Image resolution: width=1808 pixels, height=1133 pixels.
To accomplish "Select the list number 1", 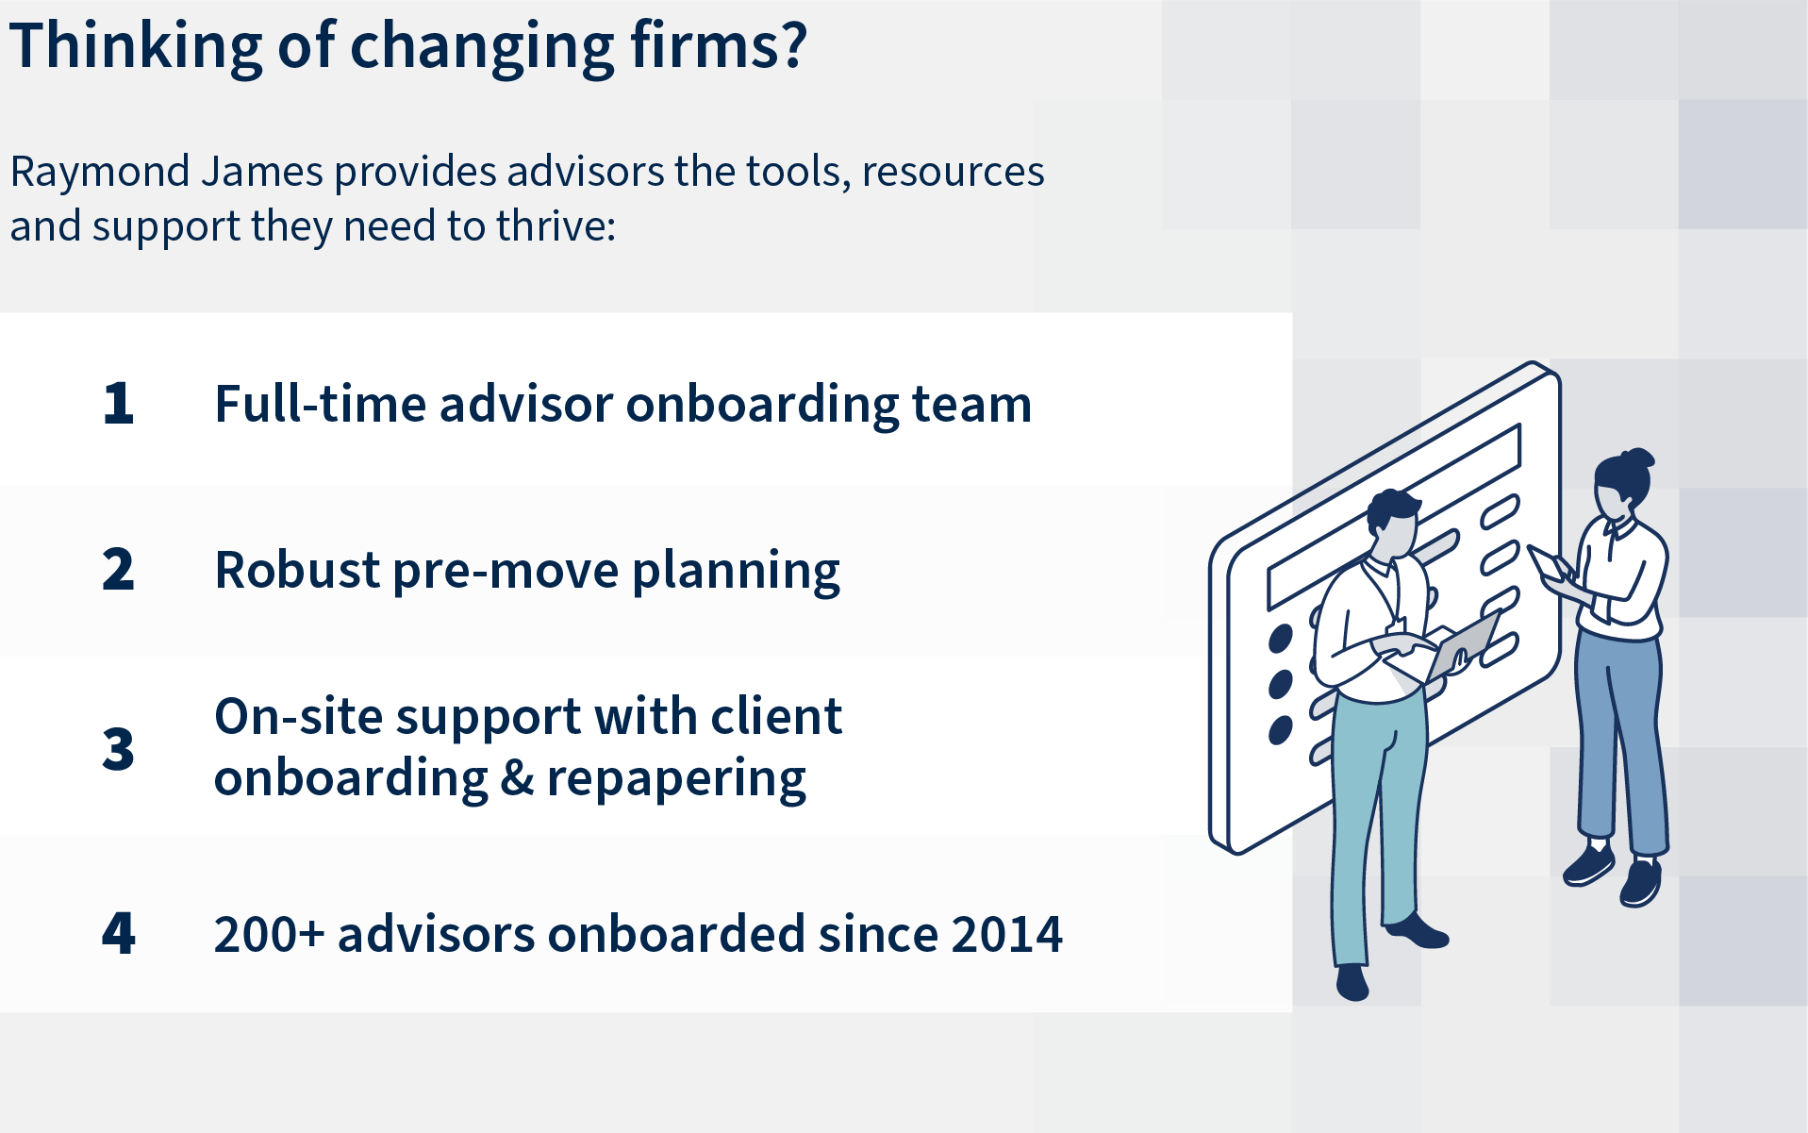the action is (119, 404).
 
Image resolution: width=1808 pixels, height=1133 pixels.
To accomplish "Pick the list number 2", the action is (119, 570).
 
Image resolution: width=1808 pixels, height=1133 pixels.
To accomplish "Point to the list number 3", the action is (119, 749).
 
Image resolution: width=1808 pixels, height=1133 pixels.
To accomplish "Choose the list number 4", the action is (119, 933).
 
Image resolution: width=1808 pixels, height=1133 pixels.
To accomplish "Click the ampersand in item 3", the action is (517, 778).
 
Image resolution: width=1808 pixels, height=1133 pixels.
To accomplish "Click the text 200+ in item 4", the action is (269, 934).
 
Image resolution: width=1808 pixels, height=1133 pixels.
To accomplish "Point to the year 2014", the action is (1007, 934).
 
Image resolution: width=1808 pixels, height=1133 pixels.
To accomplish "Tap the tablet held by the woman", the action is (1551, 563).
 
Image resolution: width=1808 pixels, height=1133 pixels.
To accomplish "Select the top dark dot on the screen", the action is (1280, 639).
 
